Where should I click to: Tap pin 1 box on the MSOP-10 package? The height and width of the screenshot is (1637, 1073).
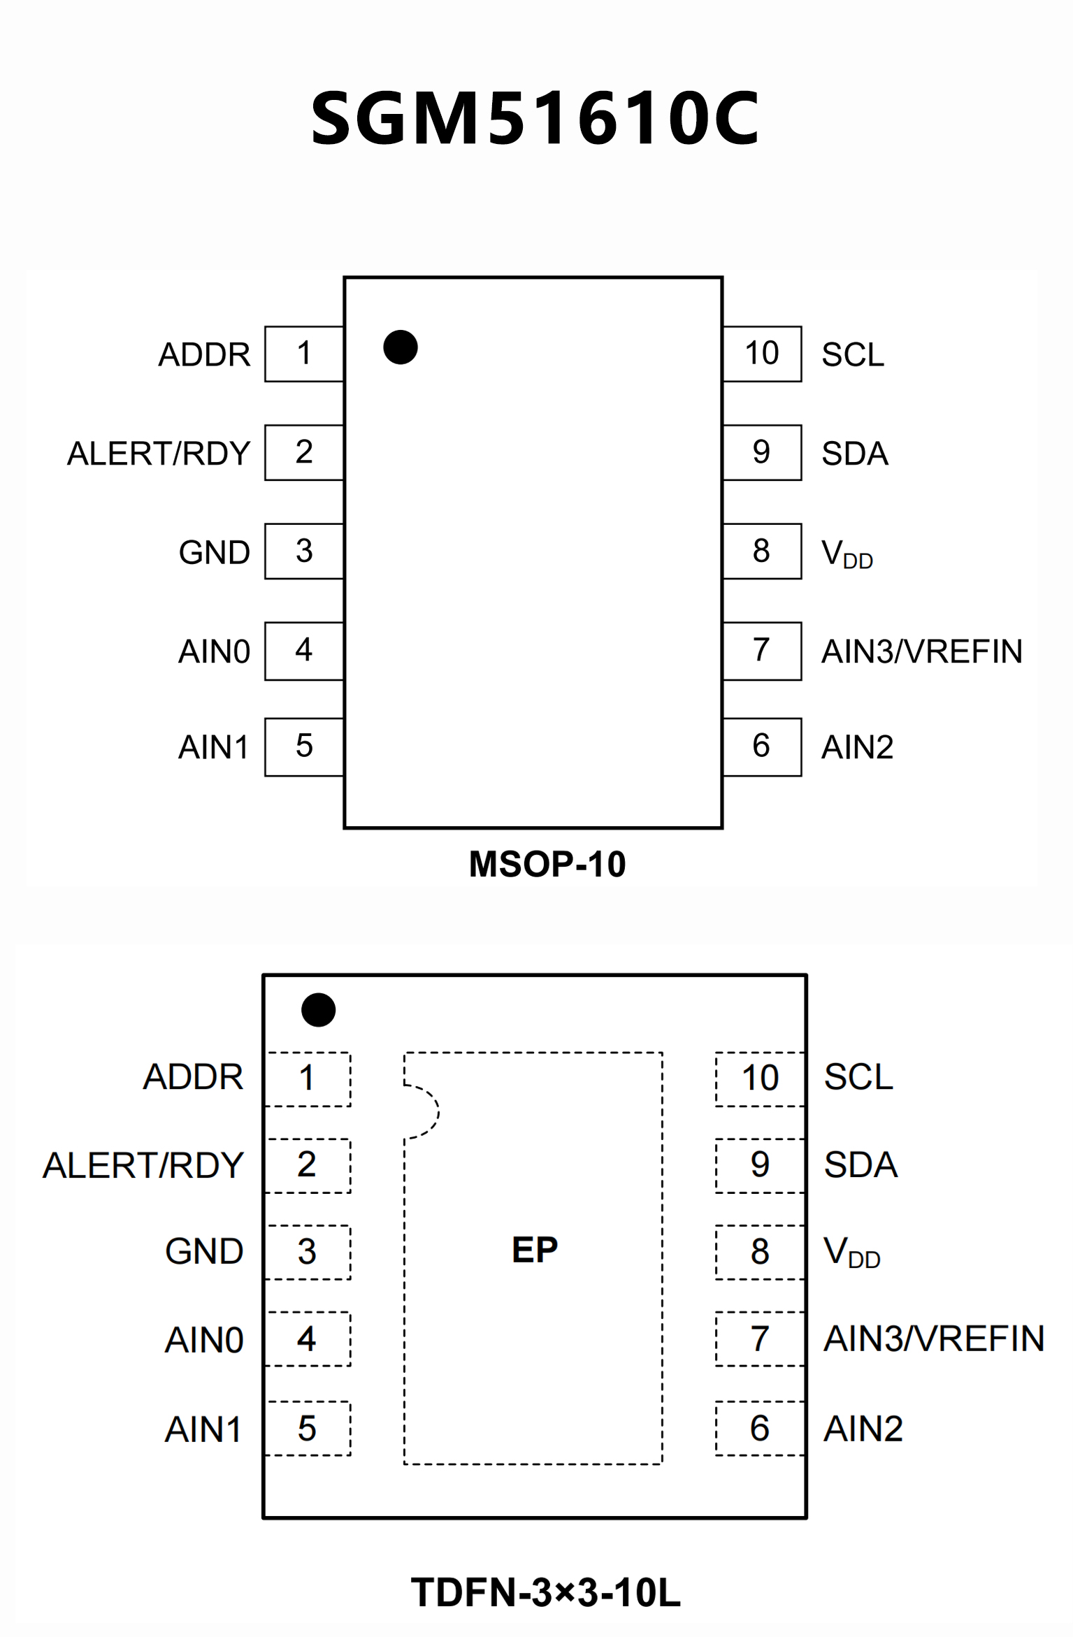304,354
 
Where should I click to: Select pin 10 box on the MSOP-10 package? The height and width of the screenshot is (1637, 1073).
762,354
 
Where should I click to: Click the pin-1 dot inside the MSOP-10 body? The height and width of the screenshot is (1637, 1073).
401,347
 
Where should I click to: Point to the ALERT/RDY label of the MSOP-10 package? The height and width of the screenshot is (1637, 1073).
159,454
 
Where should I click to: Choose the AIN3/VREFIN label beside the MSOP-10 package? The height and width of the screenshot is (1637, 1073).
922,651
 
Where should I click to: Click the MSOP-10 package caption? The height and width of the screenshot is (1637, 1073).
547,865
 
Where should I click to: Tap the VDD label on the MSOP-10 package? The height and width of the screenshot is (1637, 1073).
847,554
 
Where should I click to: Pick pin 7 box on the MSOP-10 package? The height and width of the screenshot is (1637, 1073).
762,651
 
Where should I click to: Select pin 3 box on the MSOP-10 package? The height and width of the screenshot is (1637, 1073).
304,551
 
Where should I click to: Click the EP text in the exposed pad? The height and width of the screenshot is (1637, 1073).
535,1249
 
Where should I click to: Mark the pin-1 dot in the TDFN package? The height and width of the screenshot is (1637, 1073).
319,1010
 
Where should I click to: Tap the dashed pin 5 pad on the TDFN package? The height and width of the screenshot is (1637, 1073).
308,1429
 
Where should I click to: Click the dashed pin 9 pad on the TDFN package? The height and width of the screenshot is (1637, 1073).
760,1165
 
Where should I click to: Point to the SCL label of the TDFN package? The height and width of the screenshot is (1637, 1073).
858,1077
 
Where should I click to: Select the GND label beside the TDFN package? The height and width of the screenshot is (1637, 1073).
204,1251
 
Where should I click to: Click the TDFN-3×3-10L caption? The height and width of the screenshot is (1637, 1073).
546,1593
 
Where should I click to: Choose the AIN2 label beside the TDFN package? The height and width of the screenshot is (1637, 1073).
863,1429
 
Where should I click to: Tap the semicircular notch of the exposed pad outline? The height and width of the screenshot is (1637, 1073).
423,1111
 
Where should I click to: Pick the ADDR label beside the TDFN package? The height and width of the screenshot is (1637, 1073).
194,1077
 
